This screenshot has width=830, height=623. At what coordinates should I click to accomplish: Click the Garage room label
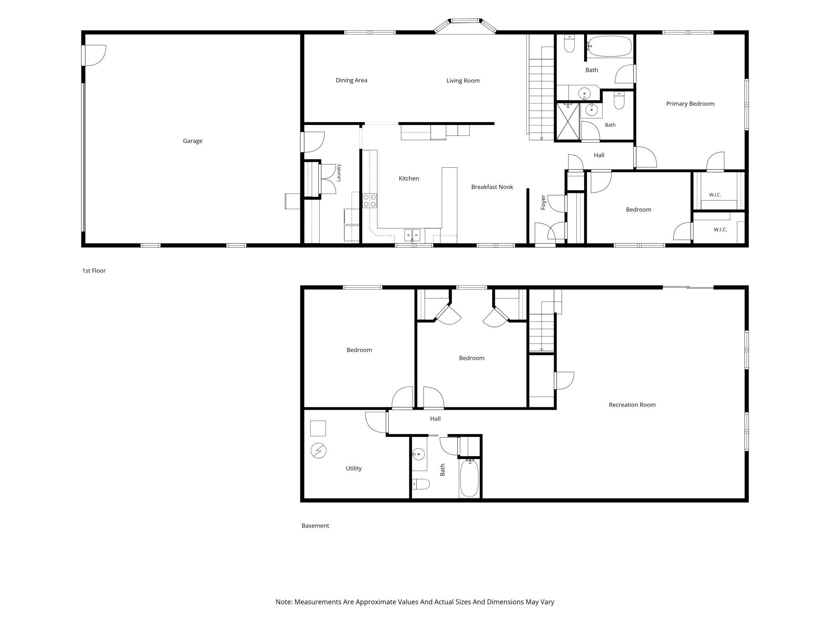[192, 141]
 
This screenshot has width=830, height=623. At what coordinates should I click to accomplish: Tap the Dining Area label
[351, 80]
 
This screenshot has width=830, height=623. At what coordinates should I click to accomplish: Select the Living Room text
[463, 81]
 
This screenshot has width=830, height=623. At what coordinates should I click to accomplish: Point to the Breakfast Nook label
[492, 187]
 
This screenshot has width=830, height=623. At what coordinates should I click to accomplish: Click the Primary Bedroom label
[690, 104]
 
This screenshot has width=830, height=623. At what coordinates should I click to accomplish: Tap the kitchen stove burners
[370, 200]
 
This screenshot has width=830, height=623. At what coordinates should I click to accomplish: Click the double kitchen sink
[412, 235]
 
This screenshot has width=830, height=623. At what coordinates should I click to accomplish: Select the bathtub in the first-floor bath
[610, 46]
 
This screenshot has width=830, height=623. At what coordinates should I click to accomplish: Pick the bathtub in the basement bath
[469, 478]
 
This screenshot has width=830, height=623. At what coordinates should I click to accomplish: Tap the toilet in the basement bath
[421, 484]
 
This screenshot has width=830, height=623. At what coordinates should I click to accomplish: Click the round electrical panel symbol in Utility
[318, 451]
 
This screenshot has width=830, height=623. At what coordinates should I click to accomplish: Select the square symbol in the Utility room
[318, 429]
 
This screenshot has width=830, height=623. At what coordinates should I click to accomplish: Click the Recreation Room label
[632, 405]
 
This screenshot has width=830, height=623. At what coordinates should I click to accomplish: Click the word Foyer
[543, 202]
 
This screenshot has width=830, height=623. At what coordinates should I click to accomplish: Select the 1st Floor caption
[94, 271]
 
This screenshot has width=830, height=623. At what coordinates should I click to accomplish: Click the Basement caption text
[315, 526]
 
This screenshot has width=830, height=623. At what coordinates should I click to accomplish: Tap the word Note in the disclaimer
[284, 602]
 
